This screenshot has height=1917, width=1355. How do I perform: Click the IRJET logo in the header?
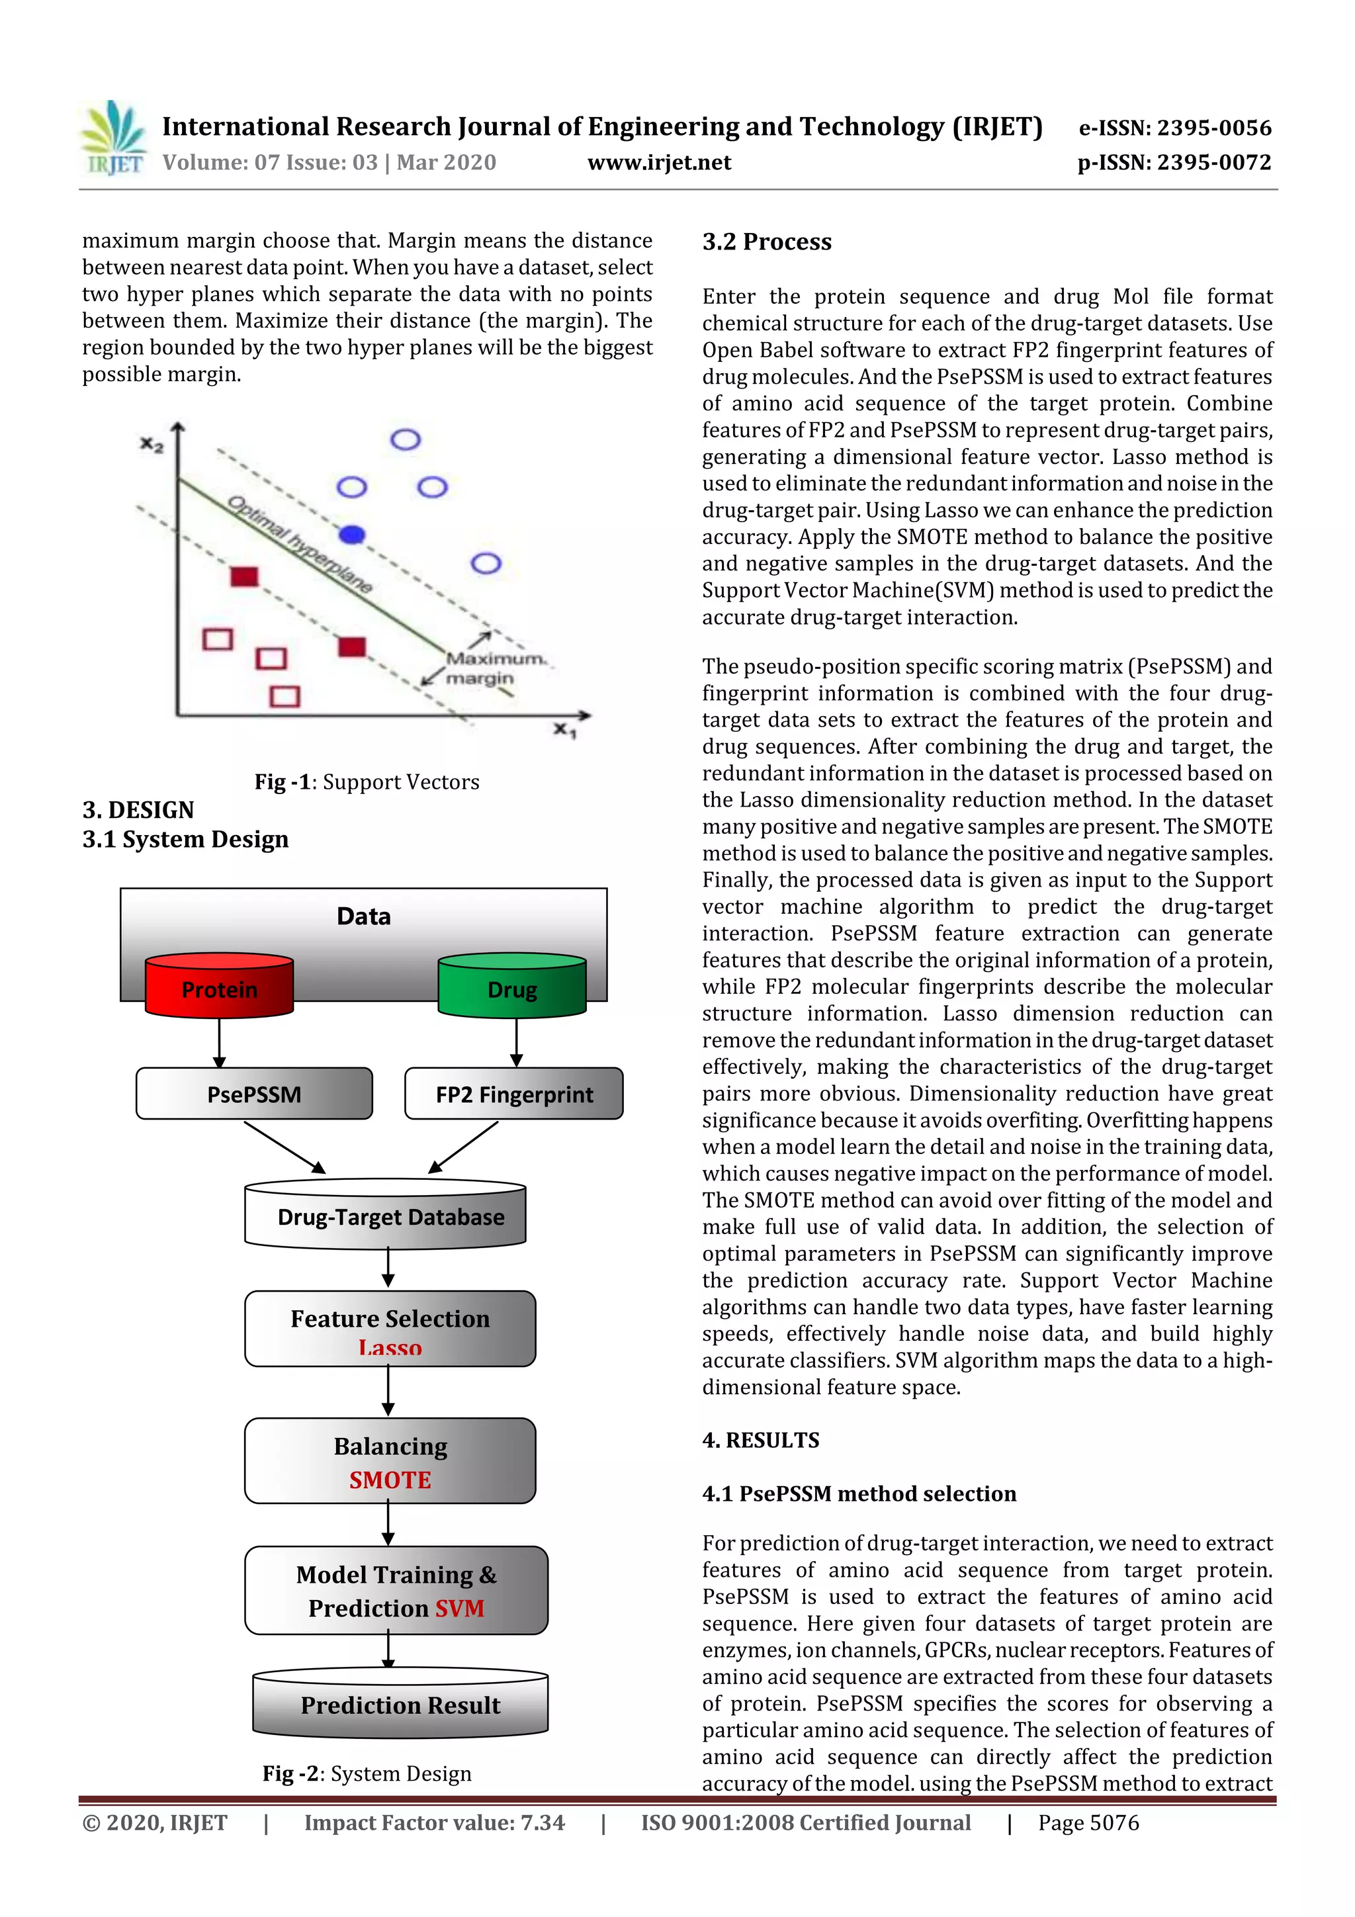pos(112,138)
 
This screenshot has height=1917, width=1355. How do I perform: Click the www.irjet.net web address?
pos(659,163)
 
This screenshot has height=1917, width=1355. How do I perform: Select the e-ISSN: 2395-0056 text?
pos(1174,128)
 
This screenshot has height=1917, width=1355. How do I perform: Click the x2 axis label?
pos(151,444)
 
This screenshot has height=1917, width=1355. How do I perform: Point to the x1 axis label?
pos(564,731)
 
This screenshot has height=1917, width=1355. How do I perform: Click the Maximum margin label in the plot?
pos(492,668)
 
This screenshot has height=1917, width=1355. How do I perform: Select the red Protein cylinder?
pos(219,986)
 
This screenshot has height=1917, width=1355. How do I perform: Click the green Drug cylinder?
pos(512,986)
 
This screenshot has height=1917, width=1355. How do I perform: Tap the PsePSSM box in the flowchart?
pos(254,1094)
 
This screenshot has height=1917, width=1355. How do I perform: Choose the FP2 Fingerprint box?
pos(513,1094)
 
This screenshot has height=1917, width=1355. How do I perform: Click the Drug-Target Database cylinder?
pos(386,1216)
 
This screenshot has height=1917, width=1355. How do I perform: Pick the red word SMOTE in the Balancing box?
pos(390,1480)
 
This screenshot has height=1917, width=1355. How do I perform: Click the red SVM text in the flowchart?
pos(459,1608)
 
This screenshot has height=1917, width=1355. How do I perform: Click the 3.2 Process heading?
pos(766,242)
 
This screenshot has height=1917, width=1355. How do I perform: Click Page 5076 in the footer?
pos(1088,1822)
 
